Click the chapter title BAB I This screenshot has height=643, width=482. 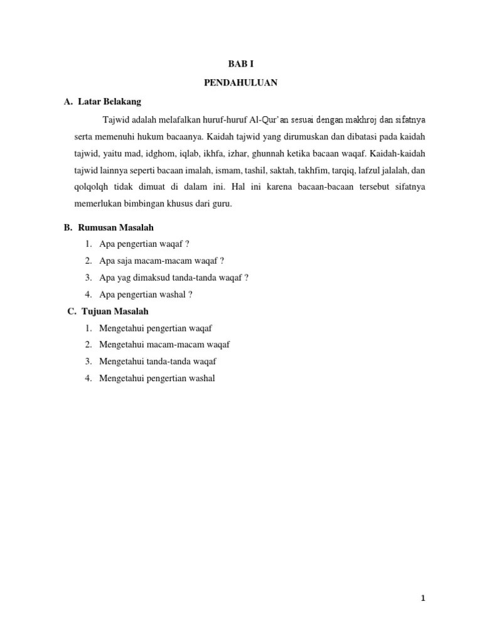(241, 65)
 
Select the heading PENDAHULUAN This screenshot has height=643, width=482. (241, 82)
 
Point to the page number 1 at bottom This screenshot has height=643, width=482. (423, 598)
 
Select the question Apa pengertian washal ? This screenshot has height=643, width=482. (146, 294)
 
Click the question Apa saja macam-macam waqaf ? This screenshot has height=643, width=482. (161, 261)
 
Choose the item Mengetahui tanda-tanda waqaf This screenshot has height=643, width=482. (158, 361)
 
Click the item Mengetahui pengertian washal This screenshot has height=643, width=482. (157, 378)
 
